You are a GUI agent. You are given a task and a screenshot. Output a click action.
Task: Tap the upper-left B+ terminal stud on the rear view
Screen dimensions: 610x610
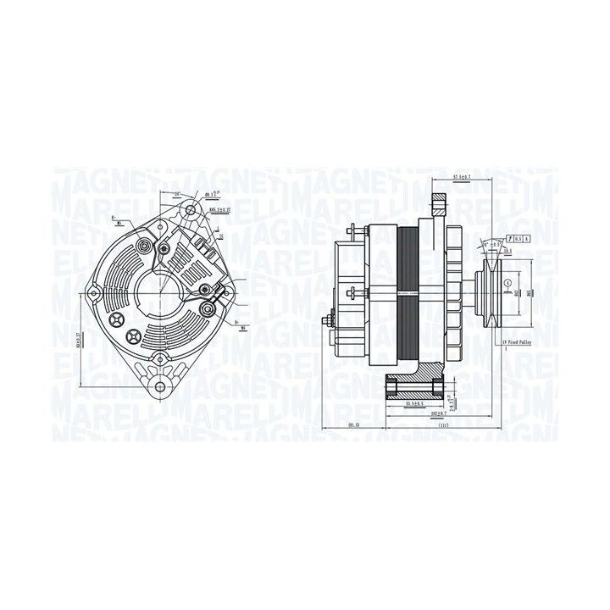[x=144, y=246]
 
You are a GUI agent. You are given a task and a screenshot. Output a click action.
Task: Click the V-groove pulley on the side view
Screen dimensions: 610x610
[x=489, y=292]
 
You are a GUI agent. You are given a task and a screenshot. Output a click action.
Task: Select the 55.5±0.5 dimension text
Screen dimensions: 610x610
[x=414, y=405]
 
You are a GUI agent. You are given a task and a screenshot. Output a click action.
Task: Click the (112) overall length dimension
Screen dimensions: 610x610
[x=442, y=426]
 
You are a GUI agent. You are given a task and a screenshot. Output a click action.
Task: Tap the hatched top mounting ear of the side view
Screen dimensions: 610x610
[x=439, y=206]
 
